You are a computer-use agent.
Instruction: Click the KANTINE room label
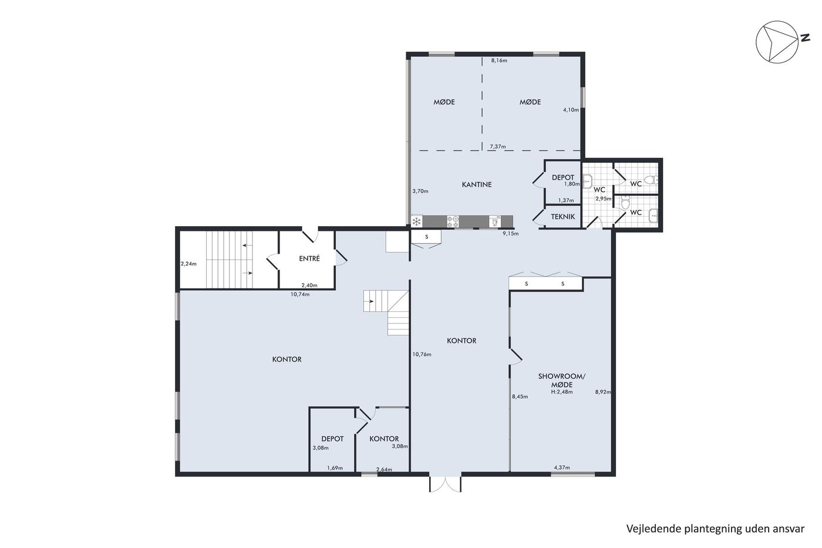pos(476,184)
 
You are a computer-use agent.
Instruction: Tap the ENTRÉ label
pos(309,258)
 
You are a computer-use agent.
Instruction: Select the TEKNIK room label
pos(562,217)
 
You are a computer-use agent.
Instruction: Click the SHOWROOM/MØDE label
pos(562,380)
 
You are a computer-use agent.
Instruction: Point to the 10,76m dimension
pos(422,355)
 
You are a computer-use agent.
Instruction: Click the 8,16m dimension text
pos(499,60)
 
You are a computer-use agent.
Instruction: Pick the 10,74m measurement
pos(300,294)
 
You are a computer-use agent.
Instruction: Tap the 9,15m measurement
pos(510,233)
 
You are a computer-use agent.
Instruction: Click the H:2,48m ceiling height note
pos(562,392)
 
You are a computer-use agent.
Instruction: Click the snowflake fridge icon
pos(416,221)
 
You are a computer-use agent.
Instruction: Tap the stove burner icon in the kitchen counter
pos(453,221)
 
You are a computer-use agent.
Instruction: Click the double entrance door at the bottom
pos(445,484)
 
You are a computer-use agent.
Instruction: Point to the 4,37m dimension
pos(562,468)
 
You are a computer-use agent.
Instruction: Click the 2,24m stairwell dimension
pos(188,264)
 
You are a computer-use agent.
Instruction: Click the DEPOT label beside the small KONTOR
pos(332,439)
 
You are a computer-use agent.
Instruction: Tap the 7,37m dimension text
pos(498,147)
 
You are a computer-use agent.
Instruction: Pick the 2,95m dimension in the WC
pos(604,199)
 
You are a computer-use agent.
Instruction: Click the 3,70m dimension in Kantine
pos(420,191)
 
